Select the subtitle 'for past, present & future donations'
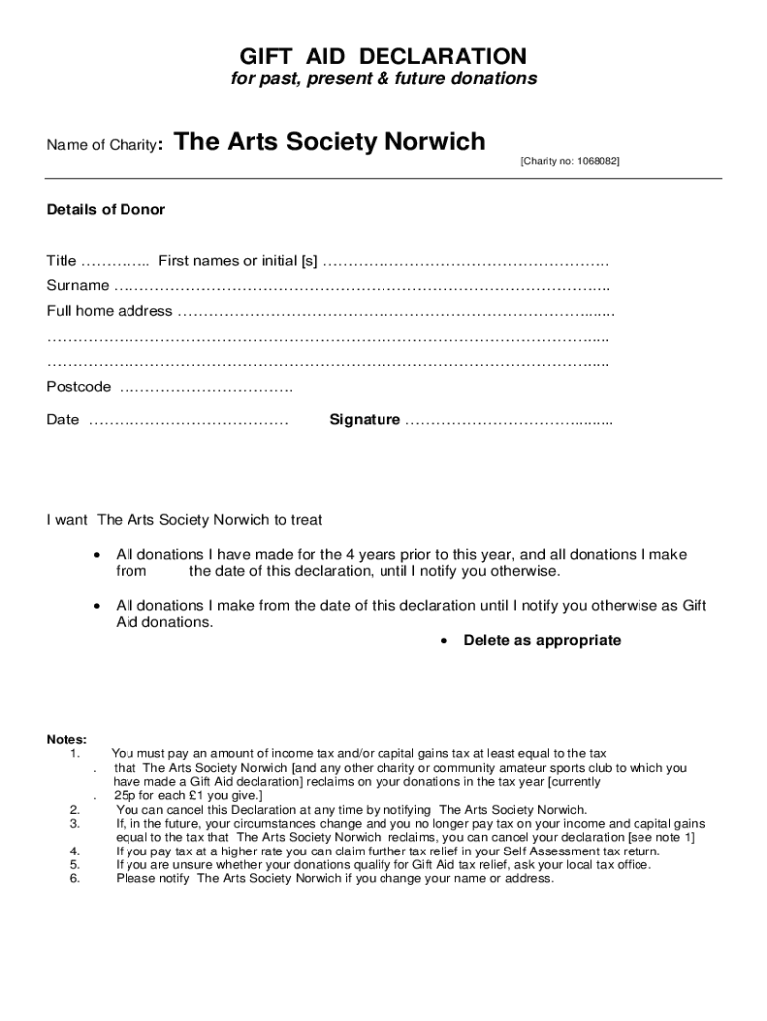(x=383, y=79)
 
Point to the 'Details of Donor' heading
(x=106, y=210)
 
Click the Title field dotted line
(x=115, y=262)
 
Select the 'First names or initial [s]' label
(x=238, y=261)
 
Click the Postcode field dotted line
(x=205, y=387)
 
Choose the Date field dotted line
(x=188, y=420)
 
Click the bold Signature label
(x=365, y=420)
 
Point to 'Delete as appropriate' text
(x=542, y=640)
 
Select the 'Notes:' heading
(x=67, y=739)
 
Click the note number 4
(x=75, y=851)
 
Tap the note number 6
(x=75, y=879)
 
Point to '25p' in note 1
(x=127, y=796)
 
